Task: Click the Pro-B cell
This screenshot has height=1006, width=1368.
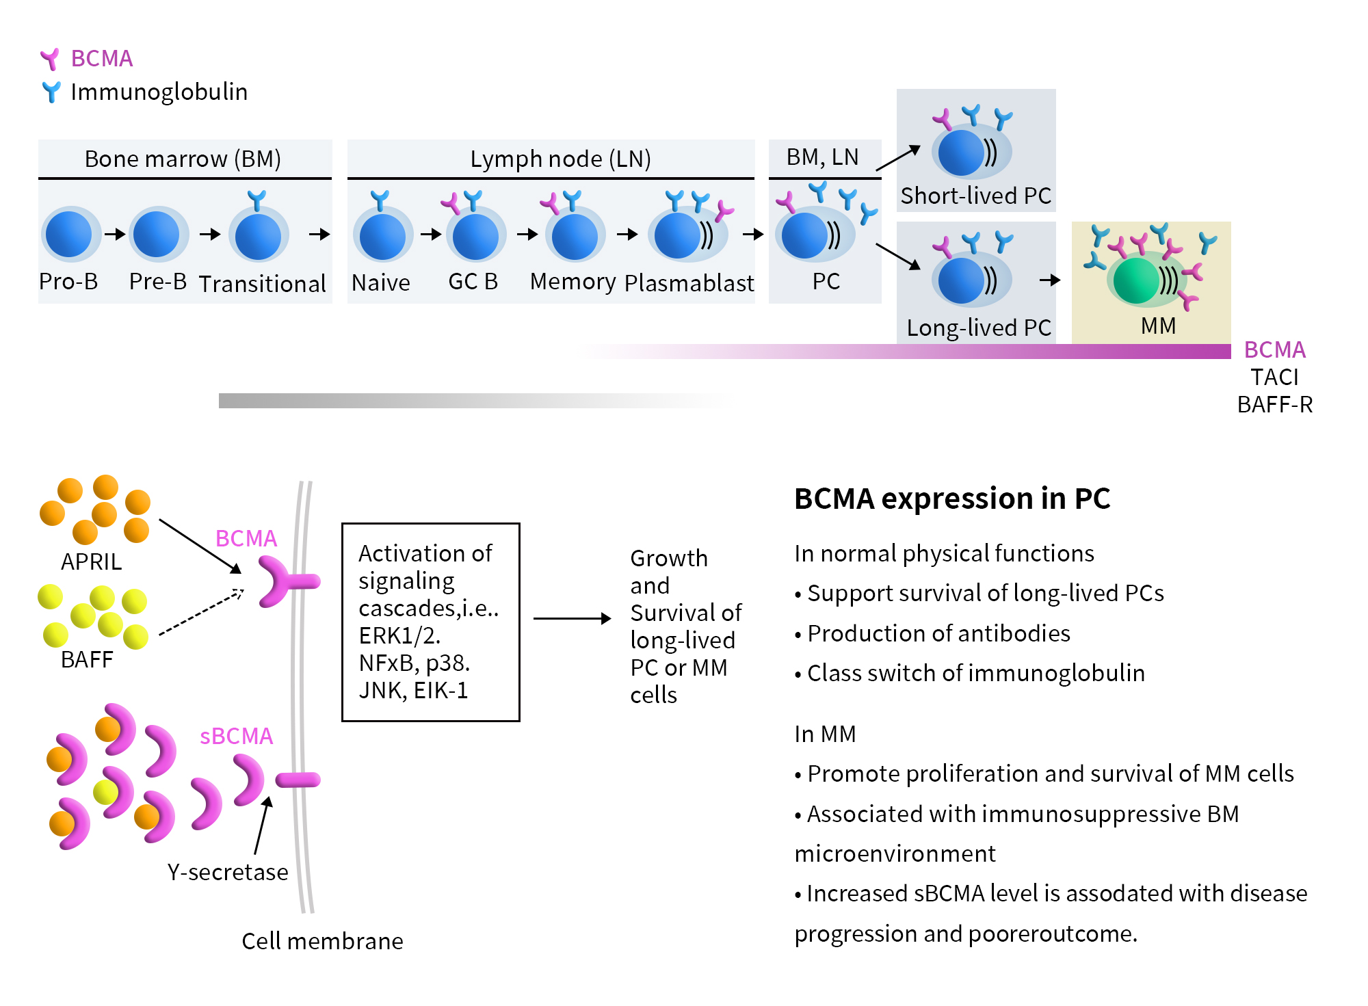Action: pyautogui.click(x=69, y=235)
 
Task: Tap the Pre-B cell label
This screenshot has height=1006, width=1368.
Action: pyautogui.click(x=158, y=281)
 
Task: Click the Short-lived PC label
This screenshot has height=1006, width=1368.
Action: pyautogui.click(x=975, y=196)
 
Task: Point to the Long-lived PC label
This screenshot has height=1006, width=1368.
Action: pyautogui.click(x=978, y=328)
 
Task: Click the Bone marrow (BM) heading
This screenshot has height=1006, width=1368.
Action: pyautogui.click(x=183, y=159)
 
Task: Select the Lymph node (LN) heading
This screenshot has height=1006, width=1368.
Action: pyautogui.click(x=560, y=159)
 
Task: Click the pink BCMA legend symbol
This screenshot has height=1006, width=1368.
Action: pyautogui.click(x=50, y=59)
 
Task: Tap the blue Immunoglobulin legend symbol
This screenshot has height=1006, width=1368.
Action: pyautogui.click(x=51, y=92)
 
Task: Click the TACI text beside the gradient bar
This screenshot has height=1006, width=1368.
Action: pyautogui.click(x=1274, y=377)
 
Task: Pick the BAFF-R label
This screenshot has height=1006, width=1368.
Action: pyautogui.click(x=1275, y=404)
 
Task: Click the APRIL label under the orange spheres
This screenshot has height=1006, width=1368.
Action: pyautogui.click(x=91, y=561)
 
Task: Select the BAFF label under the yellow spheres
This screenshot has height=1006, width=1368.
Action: pyautogui.click(x=87, y=659)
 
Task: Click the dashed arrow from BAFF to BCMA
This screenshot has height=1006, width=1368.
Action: pyautogui.click(x=200, y=612)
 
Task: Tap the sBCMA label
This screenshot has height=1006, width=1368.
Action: pyautogui.click(x=236, y=736)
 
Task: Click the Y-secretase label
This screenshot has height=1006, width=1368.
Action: pyautogui.click(x=228, y=872)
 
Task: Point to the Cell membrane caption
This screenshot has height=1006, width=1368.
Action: pyautogui.click(x=322, y=941)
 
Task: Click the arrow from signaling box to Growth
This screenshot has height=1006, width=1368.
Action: pyautogui.click(x=572, y=618)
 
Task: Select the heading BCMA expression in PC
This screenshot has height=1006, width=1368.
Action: pyautogui.click(x=952, y=498)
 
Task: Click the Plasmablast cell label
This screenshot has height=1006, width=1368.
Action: pyautogui.click(x=689, y=282)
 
